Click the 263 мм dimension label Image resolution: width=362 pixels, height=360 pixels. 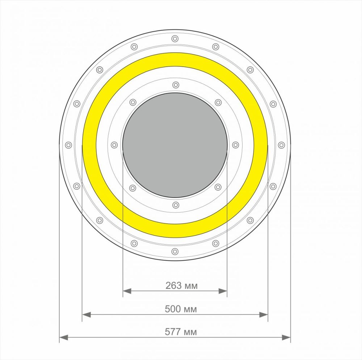pyautogui.click(x=181, y=286)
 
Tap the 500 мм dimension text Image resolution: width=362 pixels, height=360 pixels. pyautogui.click(x=181, y=309)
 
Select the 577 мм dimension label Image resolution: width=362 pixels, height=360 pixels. pyautogui.click(x=181, y=332)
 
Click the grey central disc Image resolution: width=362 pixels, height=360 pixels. pyautogui.click(x=175, y=145)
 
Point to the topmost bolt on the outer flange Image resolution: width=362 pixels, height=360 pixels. pyautogui.click(x=175, y=39)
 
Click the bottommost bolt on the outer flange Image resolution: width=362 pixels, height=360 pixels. pyautogui.click(x=175, y=251)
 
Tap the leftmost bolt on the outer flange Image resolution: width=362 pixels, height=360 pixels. pyautogui.click(x=68, y=145)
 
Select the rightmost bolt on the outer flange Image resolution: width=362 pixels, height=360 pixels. pyautogui.click(x=281, y=145)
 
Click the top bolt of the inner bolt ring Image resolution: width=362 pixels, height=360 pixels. pyautogui.click(x=176, y=85)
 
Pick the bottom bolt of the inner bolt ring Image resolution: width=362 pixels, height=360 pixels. pyautogui.click(x=176, y=205)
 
